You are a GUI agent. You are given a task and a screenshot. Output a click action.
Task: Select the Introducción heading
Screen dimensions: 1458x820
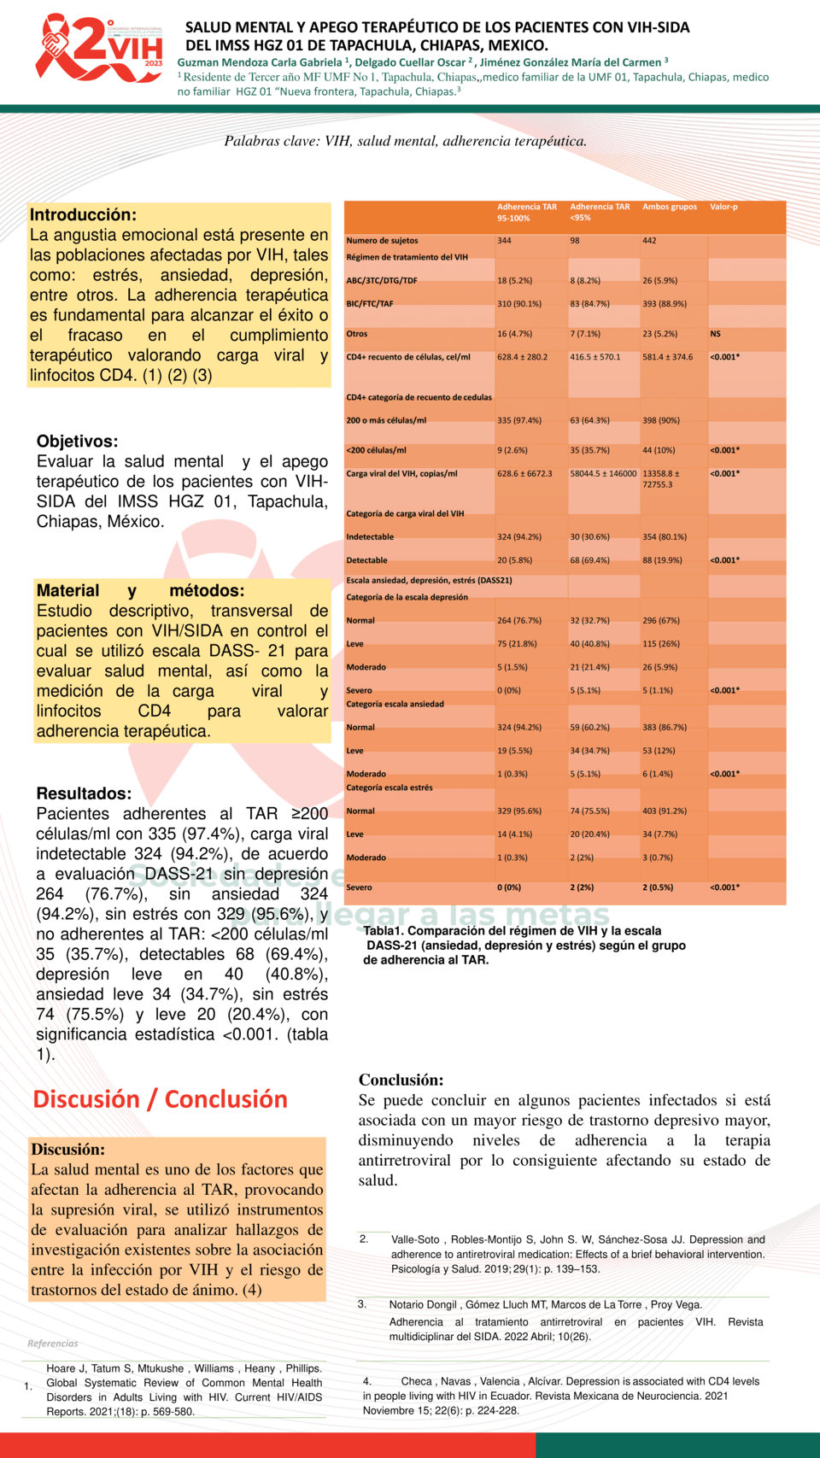pyautogui.click(x=83, y=215)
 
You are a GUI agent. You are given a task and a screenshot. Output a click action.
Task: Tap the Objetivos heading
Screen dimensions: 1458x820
pyautogui.click(x=77, y=442)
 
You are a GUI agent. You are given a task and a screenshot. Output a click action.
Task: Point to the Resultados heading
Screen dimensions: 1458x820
pyautogui.click(x=84, y=793)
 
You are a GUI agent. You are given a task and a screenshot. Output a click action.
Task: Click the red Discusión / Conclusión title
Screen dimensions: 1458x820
pyautogui.click(x=160, y=1099)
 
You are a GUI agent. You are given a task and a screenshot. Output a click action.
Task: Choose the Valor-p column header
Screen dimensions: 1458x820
pyautogui.click(x=723, y=207)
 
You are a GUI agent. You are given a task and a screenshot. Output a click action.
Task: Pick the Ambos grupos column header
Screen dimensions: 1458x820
pyautogui.click(x=670, y=207)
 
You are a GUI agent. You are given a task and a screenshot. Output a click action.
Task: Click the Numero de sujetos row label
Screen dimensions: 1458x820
pyautogui.click(x=382, y=241)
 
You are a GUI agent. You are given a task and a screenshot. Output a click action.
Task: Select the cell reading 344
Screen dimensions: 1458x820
pyautogui.click(x=504, y=241)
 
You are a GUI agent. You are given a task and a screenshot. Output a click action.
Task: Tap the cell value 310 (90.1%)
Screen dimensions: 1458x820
pyautogui.click(x=519, y=303)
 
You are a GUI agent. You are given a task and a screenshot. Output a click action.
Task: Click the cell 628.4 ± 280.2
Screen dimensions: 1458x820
pyautogui.click(x=523, y=357)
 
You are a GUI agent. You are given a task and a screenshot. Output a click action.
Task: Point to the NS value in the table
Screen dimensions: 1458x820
pyautogui.click(x=715, y=334)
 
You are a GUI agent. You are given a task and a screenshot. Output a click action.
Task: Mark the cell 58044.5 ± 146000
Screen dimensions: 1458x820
pyautogui.click(x=603, y=473)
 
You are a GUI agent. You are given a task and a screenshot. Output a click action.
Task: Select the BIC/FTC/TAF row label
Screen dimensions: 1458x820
pyautogui.click(x=370, y=303)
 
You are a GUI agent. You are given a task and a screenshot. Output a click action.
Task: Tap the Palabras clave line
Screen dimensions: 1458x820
pyautogui.click(x=406, y=141)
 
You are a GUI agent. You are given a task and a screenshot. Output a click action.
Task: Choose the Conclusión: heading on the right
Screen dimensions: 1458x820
pyautogui.click(x=401, y=1080)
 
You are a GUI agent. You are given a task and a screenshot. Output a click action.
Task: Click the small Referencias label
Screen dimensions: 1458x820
pyautogui.click(x=52, y=1344)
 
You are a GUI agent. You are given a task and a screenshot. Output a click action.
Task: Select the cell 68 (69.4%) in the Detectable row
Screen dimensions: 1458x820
pyautogui.click(x=590, y=560)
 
